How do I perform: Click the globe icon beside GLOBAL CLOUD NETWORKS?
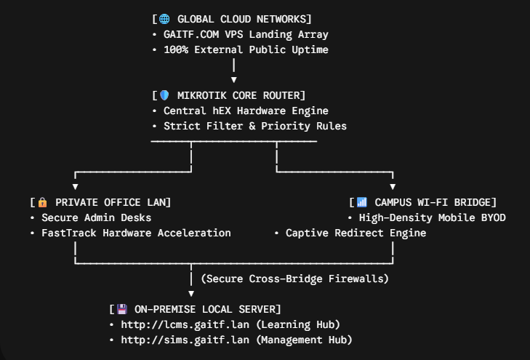click(x=164, y=19)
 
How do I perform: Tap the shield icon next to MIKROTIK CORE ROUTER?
click(x=164, y=95)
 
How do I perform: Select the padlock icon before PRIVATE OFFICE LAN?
click(x=43, y=202)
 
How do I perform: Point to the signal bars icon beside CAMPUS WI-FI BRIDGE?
click(x=361, y=202)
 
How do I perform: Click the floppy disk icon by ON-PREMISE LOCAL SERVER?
click(x=121, y=309)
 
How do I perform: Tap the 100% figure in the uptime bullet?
click(x=176, y=49)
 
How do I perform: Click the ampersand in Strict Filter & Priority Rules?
click(x=252, y=126)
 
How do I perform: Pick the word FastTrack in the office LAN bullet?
click(x=68, y=233)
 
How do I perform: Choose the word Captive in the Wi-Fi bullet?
click(x=307, y=233)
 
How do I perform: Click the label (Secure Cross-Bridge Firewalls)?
click(x=294, y=279)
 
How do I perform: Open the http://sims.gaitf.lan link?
click(x=185, y=340)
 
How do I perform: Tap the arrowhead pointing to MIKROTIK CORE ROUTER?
click(x=233, y=80)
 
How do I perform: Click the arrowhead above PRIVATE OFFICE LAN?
click(x=75, y=187)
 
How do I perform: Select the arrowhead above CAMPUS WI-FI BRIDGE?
click(x=393, y=187)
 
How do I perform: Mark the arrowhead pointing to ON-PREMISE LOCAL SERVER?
click(x=191, y=294)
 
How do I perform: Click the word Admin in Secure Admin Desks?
click(x=100, y=217)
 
